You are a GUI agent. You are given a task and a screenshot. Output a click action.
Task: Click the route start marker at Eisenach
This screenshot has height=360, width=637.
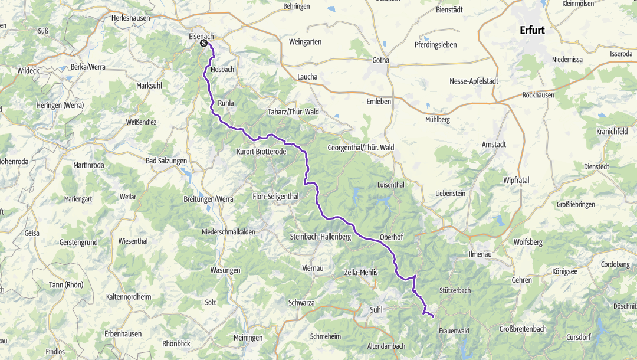coord(203,43)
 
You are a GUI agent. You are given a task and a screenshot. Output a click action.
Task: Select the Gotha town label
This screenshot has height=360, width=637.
coord(381,60)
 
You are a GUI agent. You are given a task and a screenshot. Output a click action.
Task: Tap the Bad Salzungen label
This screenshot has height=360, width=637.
coord(166,160)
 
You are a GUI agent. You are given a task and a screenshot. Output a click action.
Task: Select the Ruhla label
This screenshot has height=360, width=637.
coord(226,102)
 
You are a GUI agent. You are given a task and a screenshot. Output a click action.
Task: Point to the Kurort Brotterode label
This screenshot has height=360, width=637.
coord(261,152)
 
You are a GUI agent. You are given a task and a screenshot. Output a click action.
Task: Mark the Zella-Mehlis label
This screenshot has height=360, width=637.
coord(360,272)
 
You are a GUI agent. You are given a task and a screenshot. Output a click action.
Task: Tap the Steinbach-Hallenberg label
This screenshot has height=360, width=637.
coord(320,237)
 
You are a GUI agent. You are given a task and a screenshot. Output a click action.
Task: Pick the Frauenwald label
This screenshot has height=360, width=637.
coord(454,331)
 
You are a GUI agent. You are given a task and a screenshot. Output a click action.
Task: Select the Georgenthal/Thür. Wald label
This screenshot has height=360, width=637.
coord(361,147)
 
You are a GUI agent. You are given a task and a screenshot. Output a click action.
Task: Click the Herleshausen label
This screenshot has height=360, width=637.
coord(132,18)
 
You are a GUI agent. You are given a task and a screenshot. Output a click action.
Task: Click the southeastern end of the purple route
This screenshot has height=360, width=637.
coord(434,317)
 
